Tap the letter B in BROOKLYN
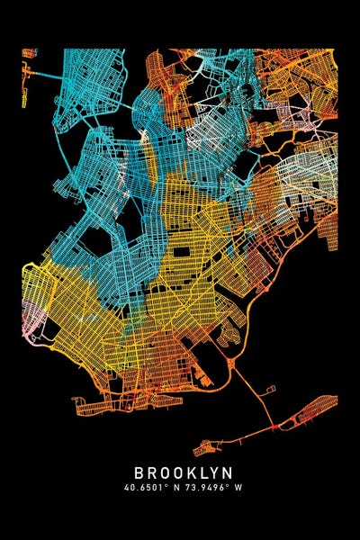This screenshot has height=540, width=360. (x=139, y=472)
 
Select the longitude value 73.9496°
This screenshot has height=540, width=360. (x=205, y=488)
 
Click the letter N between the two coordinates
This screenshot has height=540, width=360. (x=176, y=488)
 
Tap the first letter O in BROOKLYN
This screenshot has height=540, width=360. (x=162, y=472)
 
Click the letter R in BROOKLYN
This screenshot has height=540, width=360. (x=150, y=472)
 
